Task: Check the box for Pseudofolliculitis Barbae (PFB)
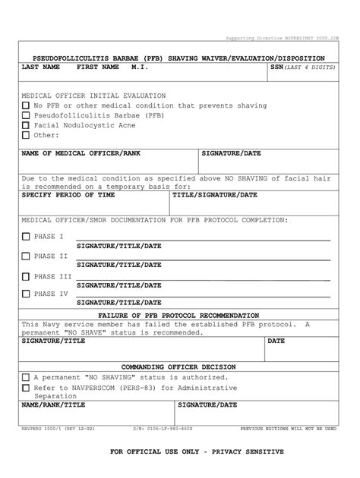point(26,115)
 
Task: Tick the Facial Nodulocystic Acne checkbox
point(26,125)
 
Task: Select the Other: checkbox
point(26,136)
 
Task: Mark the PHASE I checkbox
point(26,237)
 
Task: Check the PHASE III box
point(26,277)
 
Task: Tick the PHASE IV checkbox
point(26,294)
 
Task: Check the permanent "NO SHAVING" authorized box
point(26,377)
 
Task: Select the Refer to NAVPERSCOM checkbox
point(26,387)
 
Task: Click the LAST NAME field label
point(40,68)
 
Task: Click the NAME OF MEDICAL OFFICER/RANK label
point(81,153)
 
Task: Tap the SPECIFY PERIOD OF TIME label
point(68,195)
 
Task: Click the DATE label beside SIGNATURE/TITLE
point(276,341)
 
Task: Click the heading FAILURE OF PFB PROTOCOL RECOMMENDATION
point(178,315)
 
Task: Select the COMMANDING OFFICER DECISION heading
point(178,366)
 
